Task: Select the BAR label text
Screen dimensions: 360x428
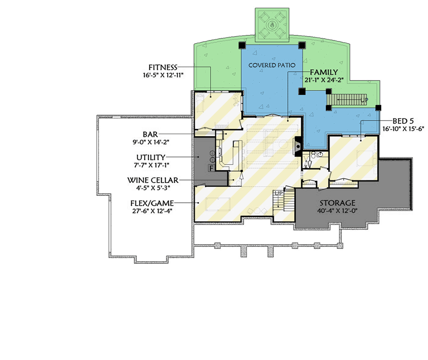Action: click(150, 134)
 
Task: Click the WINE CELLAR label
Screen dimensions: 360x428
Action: click(150, 180)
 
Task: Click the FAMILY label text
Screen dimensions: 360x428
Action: click(323, 72)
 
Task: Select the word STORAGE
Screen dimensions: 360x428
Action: click(337, 203)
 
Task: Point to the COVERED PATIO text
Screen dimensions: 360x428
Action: click(272, 65)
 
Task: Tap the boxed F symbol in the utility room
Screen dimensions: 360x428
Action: click(210, 168)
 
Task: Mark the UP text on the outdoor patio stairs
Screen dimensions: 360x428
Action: click(364, 99)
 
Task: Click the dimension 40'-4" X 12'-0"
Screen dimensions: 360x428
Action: click(337, 211)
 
